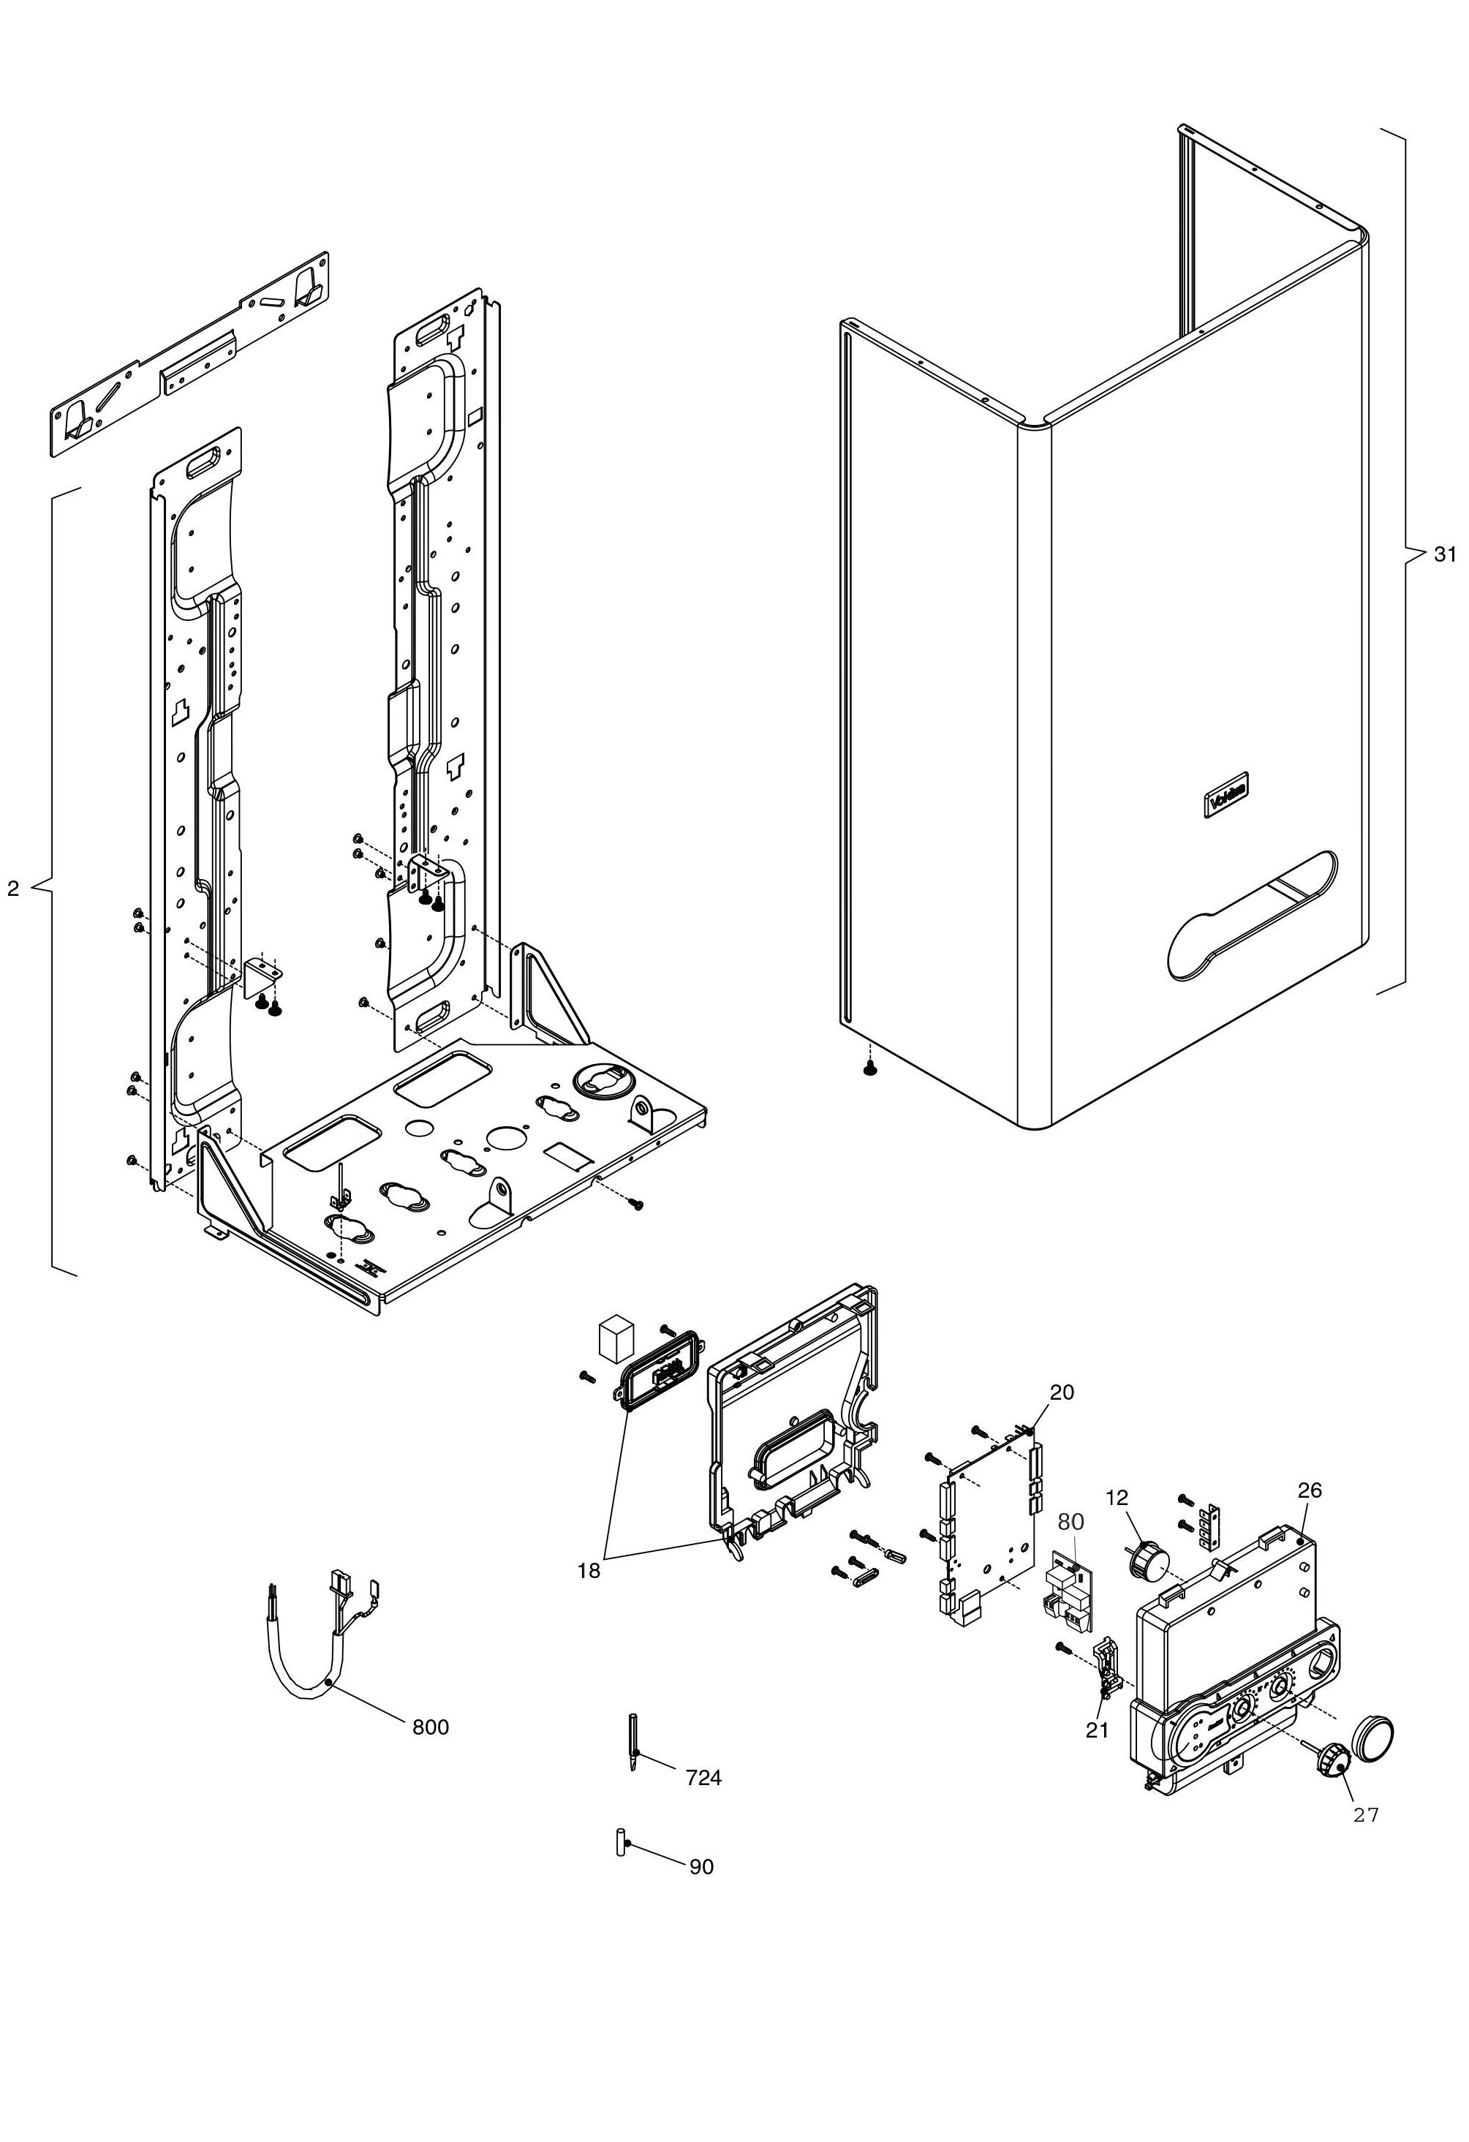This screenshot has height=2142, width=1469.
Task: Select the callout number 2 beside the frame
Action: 13,889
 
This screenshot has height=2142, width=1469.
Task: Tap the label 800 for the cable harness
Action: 431,1727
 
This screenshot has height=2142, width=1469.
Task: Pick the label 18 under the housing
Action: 589,1572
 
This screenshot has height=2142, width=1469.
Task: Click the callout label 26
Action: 1310,1490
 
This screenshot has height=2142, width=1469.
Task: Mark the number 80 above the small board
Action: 1071,1522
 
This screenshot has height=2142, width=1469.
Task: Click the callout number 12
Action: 1117,1498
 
